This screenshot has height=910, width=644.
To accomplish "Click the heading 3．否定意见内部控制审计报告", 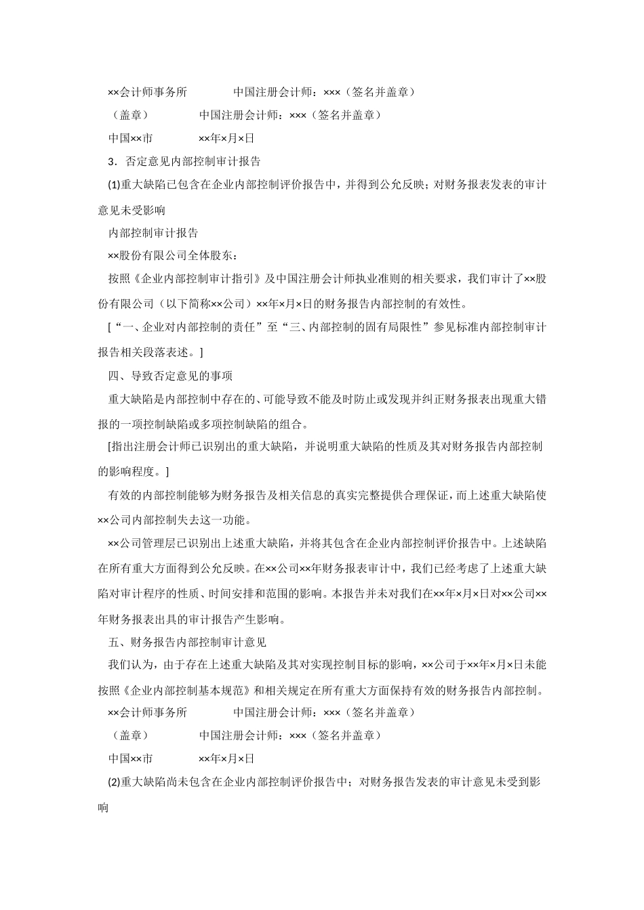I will (184, 162).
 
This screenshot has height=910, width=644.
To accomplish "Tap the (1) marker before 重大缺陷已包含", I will (114, 186).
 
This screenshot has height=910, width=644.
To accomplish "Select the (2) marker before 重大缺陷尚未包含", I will (114, 783).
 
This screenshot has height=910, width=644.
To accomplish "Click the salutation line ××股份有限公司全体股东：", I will (174, 256).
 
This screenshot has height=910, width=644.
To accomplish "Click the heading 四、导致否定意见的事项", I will (170, 375).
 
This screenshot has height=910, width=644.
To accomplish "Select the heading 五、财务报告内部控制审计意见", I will (187, 641).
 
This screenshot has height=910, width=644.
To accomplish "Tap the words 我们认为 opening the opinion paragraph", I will (129, 666).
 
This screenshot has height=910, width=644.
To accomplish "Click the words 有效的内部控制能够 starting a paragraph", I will (157, 496).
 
